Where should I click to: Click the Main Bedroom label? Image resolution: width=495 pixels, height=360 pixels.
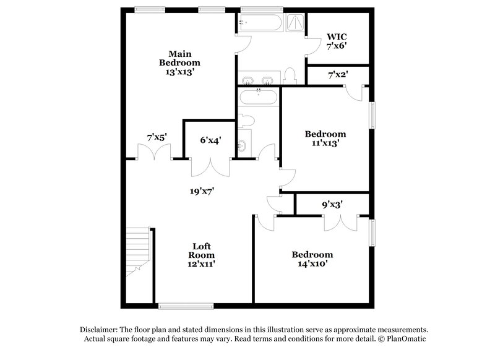tap(179, 62)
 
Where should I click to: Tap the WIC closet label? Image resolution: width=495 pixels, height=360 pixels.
tap(337, 41)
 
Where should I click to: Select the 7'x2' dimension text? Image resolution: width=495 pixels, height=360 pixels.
tap(337, 75)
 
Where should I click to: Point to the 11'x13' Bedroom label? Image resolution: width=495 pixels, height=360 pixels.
tap(325, 139)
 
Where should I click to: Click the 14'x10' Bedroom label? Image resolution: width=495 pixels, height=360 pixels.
tap(312, 259)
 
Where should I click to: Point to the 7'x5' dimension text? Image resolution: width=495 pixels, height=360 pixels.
tap(157, 137)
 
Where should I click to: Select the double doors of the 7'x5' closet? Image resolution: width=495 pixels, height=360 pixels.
tap(153, 154)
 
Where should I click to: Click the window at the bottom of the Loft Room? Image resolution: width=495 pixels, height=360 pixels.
tap(186, 306)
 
